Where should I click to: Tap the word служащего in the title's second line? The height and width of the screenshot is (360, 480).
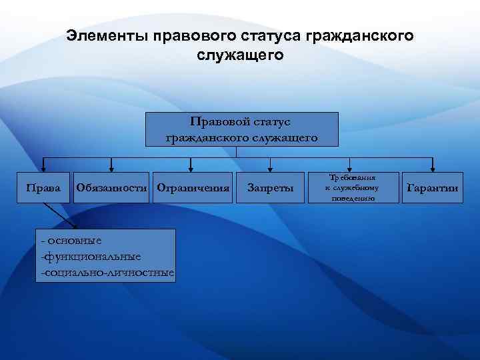(240, 55)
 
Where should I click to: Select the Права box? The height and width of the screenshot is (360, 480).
(43, 188)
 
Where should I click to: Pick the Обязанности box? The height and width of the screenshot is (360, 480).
(111, 188)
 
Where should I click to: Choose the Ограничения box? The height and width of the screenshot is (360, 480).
(192, 188)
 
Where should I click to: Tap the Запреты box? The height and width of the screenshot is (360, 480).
(270, 188)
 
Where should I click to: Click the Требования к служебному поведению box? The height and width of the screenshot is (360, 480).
(351, 188)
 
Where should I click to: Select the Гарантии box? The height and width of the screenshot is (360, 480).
(433, 188)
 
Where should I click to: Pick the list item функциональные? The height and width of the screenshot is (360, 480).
(90, 256)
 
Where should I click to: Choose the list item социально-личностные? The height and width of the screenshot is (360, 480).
(107, 273)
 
